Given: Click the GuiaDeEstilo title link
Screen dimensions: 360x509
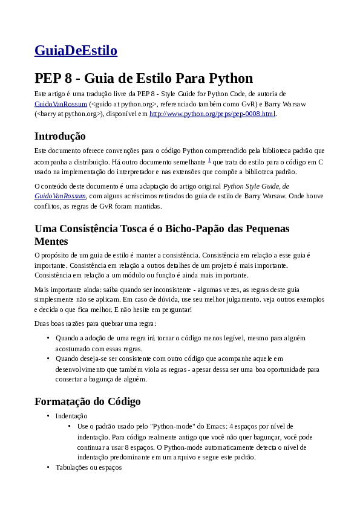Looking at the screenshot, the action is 76,51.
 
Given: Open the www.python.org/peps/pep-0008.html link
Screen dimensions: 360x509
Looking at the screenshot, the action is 212,114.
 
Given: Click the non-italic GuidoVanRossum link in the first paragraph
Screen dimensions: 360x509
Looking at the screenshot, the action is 61,104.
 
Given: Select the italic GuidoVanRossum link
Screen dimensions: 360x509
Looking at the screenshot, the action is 61,196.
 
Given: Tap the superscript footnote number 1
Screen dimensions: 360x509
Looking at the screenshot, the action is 209,160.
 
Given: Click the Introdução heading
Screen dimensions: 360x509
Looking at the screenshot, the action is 60,136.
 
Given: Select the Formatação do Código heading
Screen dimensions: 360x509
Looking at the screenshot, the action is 88,401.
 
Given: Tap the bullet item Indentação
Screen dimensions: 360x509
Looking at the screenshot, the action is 71,416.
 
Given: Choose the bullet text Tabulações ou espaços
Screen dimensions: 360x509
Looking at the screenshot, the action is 88,467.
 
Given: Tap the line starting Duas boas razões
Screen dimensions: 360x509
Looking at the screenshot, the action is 95,324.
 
